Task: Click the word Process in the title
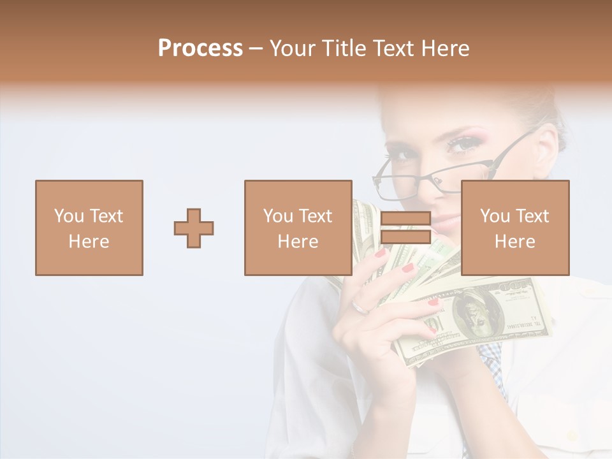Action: tap(200, 48)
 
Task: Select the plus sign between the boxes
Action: tap(194, 228)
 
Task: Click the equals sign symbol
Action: tap(405, 228)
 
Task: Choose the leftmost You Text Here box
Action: tap(89, 228)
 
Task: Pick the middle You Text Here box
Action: tap(298, 228)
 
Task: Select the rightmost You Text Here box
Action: tap(515, 228)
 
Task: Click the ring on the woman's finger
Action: tap(360, 308)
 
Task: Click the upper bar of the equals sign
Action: tap(405, 219)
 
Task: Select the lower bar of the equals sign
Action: tap(405, 237)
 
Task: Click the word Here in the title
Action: tap(446, 48)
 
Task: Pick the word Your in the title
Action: tap(293, 48)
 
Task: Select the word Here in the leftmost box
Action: tap(89, 242)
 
